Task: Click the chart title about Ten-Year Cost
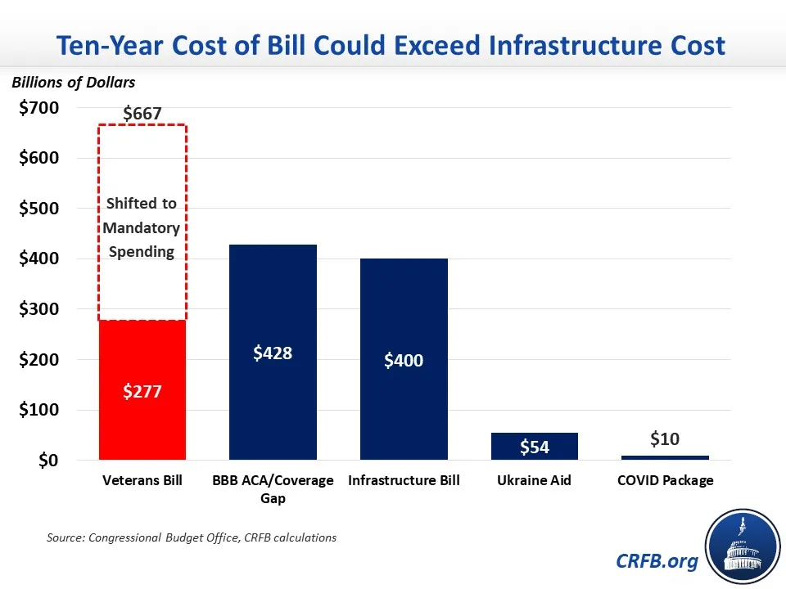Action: tap(391, 44)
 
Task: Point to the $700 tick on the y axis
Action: tap(39, 109)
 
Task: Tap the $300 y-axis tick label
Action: tap(39, 310)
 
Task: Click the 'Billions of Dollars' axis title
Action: tap(74, 83)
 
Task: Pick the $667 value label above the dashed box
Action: tap(142, 115)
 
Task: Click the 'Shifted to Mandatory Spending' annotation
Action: tap(142, 227)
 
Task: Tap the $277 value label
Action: tap(142, 391)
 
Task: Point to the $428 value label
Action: tap(273, 353)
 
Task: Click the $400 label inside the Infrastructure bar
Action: tap(404, 360)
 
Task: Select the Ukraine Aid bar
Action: tap(535, 446)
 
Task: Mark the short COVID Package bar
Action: tap(665, 457)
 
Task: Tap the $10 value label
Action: tap(665, 439)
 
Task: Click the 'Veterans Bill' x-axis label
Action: tap(142, 481)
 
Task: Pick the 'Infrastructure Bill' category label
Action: tap(404, 481)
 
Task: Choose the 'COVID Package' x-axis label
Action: tap(665, 481)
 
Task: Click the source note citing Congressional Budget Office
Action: tap(191, 537)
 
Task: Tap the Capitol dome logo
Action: tap(741, 546)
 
